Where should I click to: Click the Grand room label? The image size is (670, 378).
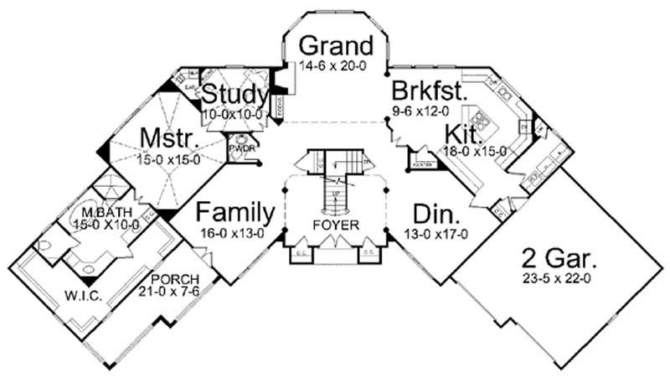tap(336, 44)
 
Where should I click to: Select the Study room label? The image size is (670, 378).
tap(235, 93)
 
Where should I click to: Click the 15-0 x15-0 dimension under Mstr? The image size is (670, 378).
tap(164, 156)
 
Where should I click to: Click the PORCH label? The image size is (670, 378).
tap(171, 277)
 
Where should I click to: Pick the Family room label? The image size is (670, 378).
tap(235, 212)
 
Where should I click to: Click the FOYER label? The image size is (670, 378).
tap(337, 225)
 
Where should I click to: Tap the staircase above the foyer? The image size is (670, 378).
tap(335, 180)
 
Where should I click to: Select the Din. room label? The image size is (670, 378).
tap(434, 212)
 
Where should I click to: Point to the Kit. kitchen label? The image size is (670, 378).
tap(462, 134)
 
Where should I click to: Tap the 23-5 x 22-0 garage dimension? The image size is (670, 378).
tap(556, 277)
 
